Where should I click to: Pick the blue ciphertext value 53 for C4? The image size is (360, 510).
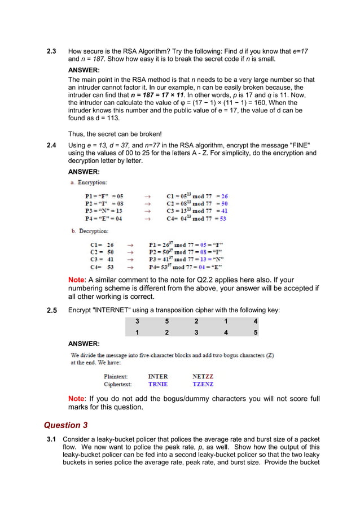pos(223,219)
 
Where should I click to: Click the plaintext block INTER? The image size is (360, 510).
pos(157,376)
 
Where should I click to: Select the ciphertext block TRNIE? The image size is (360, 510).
pos(157,384)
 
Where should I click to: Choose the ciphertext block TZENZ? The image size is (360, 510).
pos(203,384)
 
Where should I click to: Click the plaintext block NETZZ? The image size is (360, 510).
pos(203,376)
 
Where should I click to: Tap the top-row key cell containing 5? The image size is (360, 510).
pos(166,321)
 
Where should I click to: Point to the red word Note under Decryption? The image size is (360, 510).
pos(76,280)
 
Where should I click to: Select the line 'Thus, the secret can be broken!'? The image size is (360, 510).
pos(115,134)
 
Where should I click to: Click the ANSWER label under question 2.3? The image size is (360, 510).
pos(84,71)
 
